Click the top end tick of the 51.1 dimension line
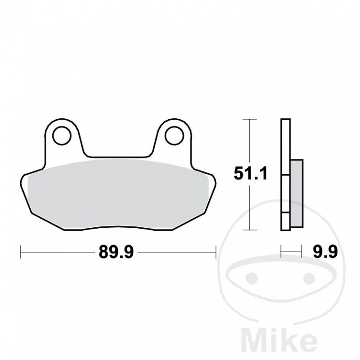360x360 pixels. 250,119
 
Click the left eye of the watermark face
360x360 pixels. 252,276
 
